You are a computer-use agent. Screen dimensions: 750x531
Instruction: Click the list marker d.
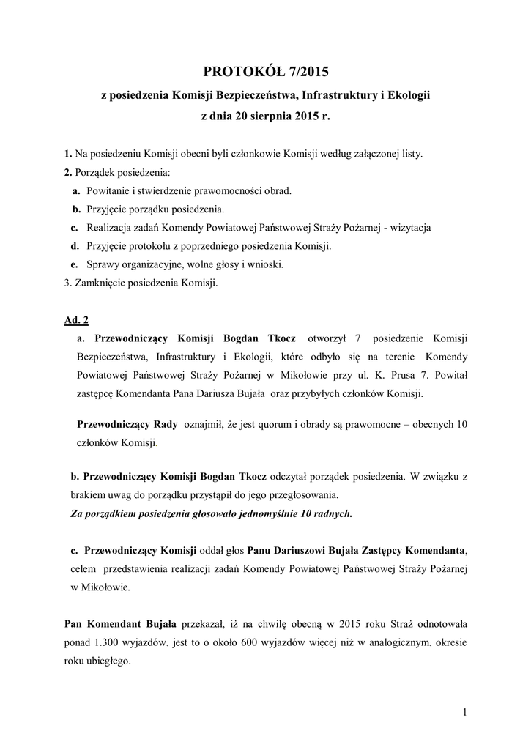(x=75, y=246)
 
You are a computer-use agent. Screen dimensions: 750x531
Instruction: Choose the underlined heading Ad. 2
(x=77, y=320)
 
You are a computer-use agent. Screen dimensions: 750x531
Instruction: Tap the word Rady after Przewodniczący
(x=165, y=425)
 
